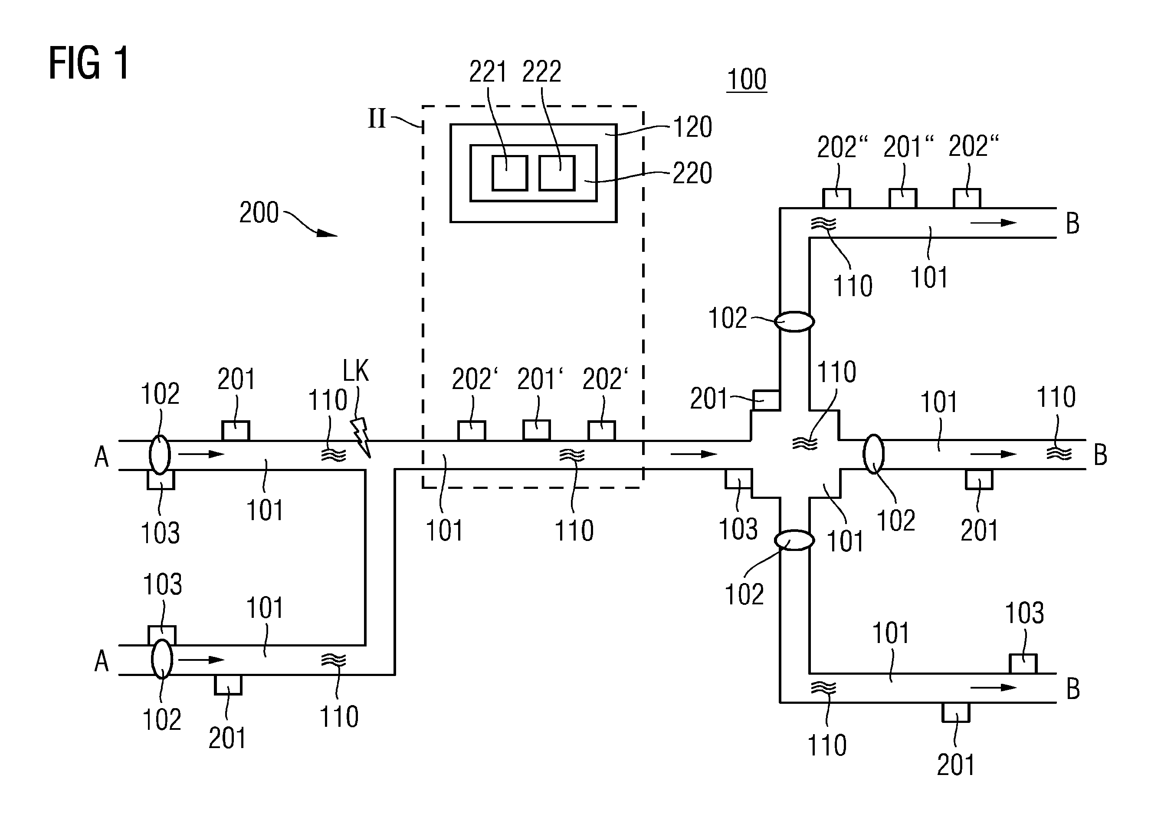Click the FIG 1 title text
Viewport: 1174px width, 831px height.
[89, 63]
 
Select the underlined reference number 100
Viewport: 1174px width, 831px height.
[747, 79]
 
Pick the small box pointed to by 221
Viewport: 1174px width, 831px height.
[510, 173]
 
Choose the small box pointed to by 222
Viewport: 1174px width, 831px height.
[557, 173]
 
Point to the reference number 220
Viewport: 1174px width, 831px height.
[692, 173]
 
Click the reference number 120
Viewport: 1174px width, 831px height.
[692, 127]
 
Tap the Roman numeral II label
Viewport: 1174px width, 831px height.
[377, 119]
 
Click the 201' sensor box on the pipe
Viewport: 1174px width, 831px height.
[536, 430]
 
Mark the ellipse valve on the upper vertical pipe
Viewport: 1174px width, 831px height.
[794, 321]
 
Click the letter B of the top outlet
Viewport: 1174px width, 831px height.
[1073, 224]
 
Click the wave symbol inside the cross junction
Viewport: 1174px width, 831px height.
[805, 443]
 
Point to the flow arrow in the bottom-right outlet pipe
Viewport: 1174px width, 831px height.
[993, 687]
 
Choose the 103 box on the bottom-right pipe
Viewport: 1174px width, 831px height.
[1023, 664]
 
